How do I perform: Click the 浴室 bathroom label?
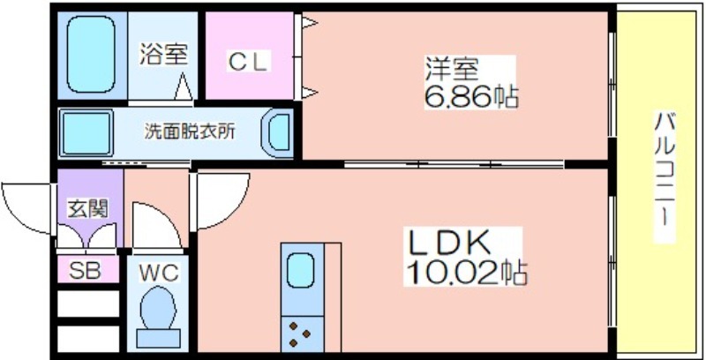(162, 54)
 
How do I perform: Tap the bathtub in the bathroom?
(91, 54)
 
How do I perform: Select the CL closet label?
(248, 62)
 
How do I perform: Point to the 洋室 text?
(452, 69)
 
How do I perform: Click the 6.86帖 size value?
(471, 96)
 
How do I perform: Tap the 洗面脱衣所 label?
(189, 131)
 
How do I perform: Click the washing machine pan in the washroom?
(86, 133)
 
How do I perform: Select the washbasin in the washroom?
(277, 132)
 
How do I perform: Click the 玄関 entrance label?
(87, 208)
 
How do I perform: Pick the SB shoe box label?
(85, 270)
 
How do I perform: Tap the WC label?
(158, 273)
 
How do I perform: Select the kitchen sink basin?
(300, 269)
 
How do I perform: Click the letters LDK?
(448, 244)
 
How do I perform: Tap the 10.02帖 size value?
(466, 273)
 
